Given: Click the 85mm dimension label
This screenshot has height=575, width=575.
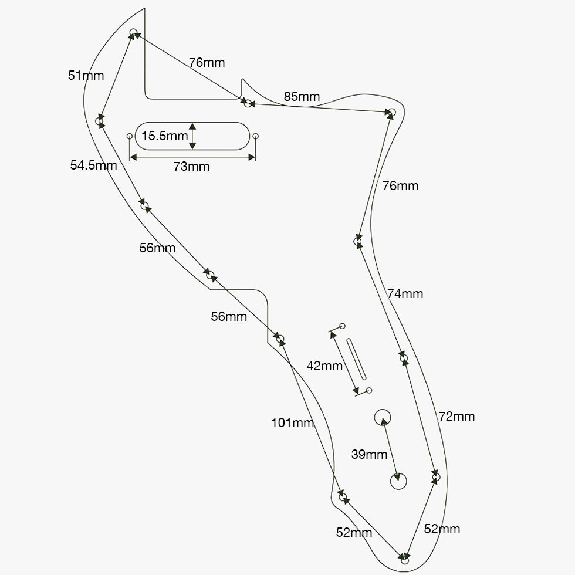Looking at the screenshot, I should click(302, 96).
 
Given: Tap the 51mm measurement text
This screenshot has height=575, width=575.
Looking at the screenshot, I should click(86, 75).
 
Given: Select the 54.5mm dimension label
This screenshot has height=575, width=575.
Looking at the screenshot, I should click(93, 165).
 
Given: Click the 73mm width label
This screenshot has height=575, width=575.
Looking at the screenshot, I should click(191, 167).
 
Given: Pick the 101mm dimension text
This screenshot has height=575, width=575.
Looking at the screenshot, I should click(292, 422).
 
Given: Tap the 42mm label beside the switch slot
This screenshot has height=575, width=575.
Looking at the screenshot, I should click(324, 366).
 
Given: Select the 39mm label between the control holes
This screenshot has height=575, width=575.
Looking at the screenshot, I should click(369, 454).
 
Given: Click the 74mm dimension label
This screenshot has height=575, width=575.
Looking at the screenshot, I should click(405, 294).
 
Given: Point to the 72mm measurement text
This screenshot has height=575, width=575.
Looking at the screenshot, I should click(456, 417).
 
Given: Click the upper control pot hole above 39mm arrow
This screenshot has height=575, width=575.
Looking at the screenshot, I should click(383, 417).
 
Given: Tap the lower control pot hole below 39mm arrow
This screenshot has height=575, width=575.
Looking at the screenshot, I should click(398, 481).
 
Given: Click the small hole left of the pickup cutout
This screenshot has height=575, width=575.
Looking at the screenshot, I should click(130, 136).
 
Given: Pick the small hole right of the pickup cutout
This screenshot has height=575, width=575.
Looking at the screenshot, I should click(255, 136).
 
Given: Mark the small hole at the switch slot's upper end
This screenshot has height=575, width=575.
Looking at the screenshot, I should click(343, 326).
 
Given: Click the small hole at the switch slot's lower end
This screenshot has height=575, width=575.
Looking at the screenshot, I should click(369, 390).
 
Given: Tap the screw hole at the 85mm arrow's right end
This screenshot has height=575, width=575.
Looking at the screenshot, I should click(392, 111).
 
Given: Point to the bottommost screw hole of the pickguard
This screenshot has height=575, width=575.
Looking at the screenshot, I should click(405, 559).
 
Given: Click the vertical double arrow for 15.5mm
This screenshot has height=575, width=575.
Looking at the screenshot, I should click(192, 136).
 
